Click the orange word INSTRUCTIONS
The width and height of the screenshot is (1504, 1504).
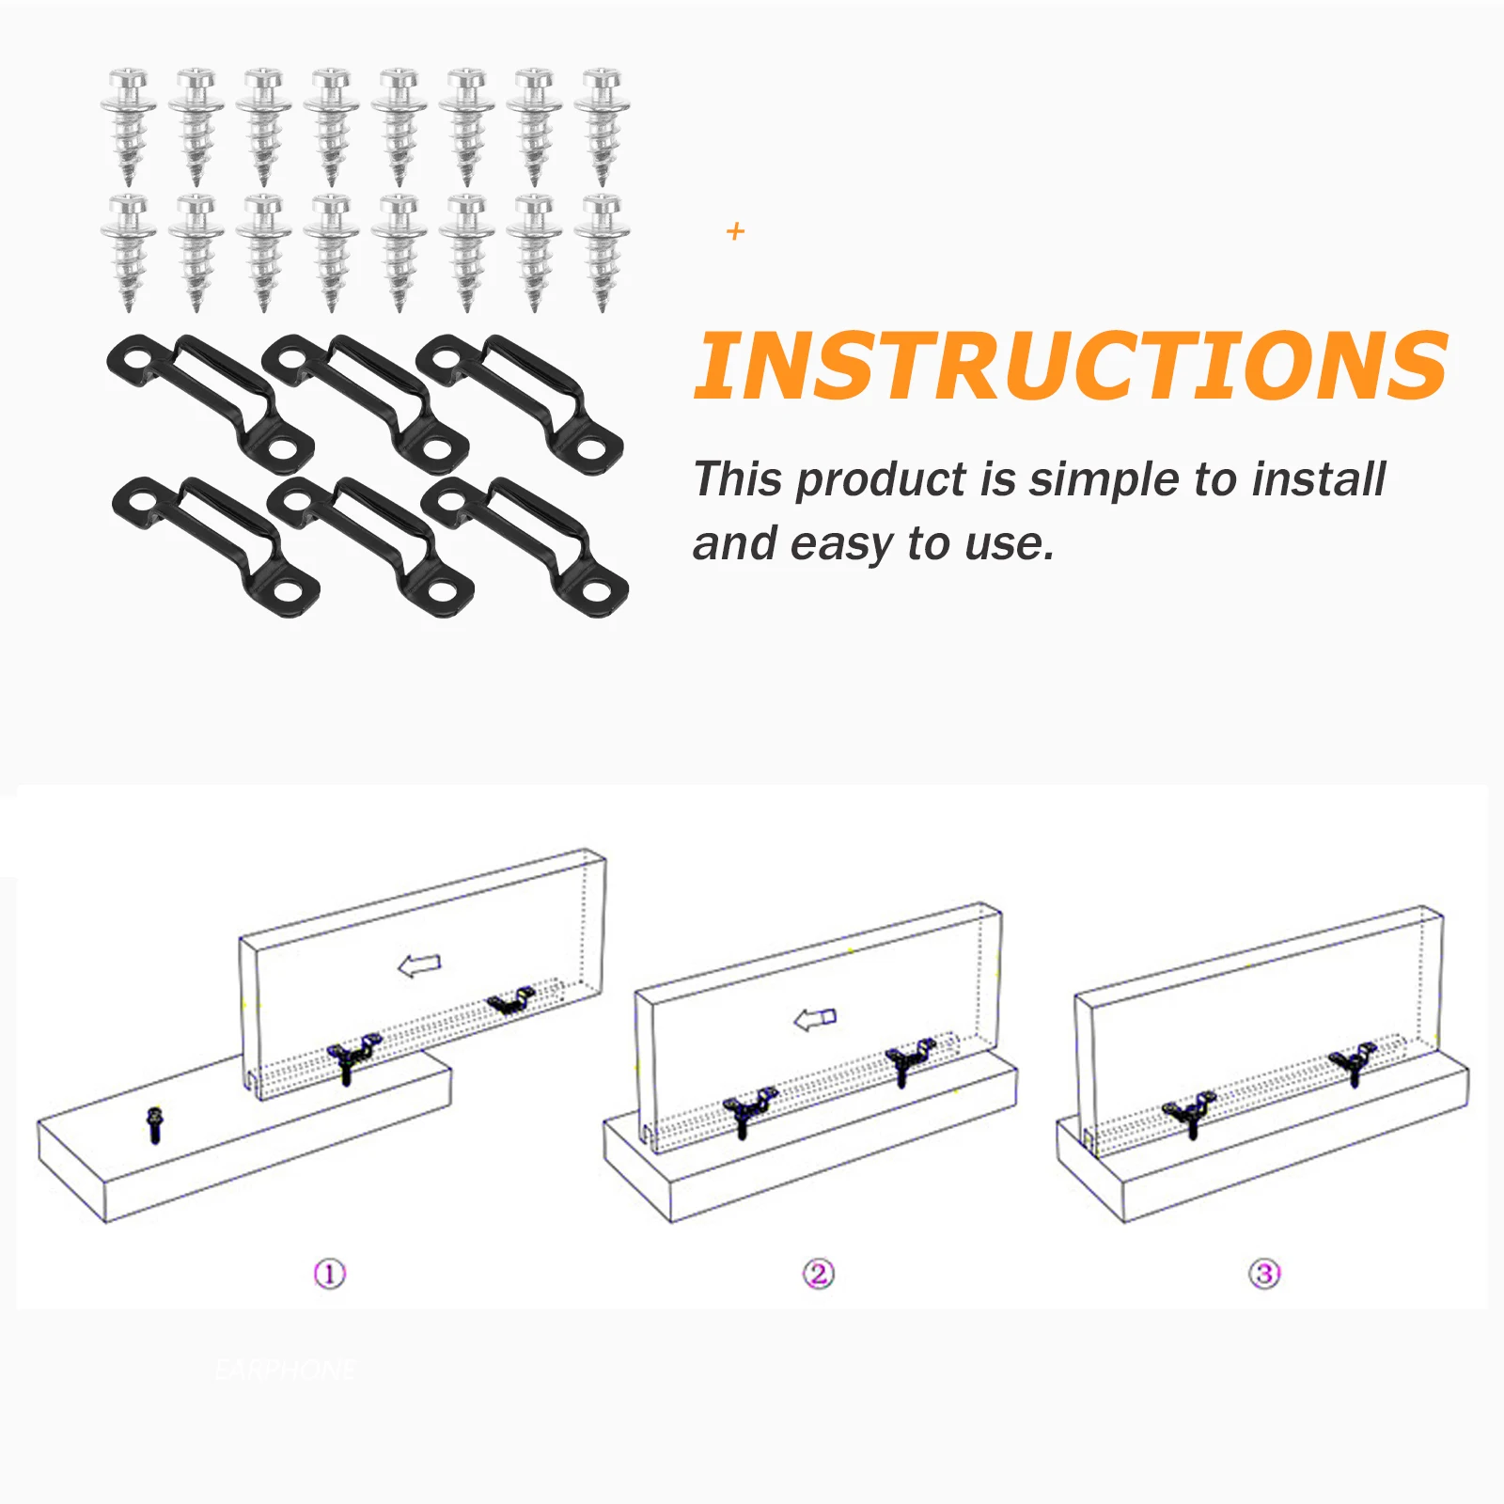(x=1070, y=367)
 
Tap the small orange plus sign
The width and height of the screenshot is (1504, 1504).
(x=735, y=231)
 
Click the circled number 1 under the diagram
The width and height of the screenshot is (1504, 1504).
(x=329, y=1275)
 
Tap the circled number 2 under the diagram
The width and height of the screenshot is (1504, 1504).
(x=819, y=1274)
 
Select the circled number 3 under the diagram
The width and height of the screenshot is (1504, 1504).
(x=1264, y=1275)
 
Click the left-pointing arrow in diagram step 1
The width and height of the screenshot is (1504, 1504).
(x=419, y=965)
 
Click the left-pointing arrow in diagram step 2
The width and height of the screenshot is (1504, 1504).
(x=815, y=1019)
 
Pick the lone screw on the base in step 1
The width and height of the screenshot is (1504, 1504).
(x=155, y=1124)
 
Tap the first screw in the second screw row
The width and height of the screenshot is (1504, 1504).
(x=129, y=252)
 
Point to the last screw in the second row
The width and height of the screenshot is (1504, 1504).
(x=602, y=252)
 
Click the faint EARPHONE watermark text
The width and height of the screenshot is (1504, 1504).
(x=285, y=1370)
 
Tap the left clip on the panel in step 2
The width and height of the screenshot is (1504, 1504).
(x=749, y=1110)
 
